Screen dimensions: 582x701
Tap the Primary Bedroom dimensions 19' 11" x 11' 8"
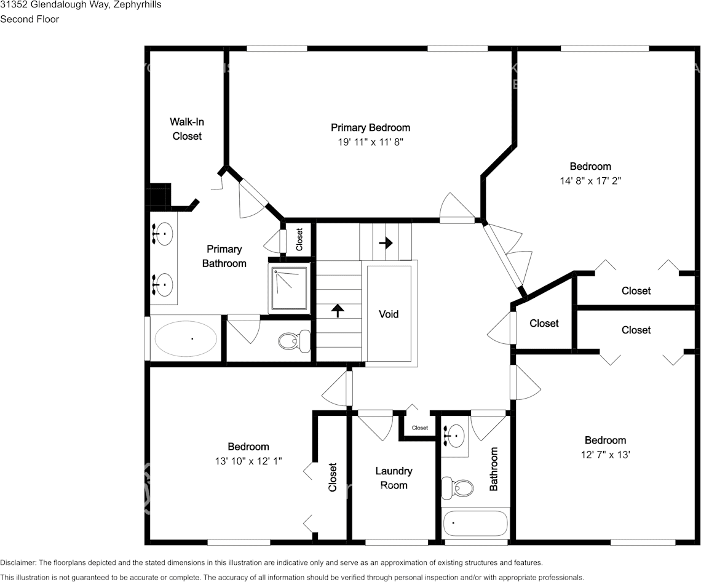[x=370, y=142]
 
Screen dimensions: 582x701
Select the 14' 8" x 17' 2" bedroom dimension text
[x=590, y=181]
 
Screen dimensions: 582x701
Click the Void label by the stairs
[x=389, y=314]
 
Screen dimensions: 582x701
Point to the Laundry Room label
[x=394, y=478]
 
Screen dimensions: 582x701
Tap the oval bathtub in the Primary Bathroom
[x=185, y=338]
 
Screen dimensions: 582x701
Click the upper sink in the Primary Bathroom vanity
[x=163, y=234]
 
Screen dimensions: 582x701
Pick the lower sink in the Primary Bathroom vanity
[x=163, y=285]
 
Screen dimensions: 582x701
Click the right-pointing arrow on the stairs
[x=386, y=242]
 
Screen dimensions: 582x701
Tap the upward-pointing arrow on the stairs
[x=338, y=309]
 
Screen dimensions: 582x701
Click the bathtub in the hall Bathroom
[x=475, y=524]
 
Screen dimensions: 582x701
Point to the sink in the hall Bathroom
[x=454, y=436]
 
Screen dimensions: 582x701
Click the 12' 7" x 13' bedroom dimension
[x=605, y=455]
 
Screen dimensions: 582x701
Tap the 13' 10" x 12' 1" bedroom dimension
[x=248, y=461]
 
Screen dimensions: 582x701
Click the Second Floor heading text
[x=30, y=19]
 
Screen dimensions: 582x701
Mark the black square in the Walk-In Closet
[x=159, y=195]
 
